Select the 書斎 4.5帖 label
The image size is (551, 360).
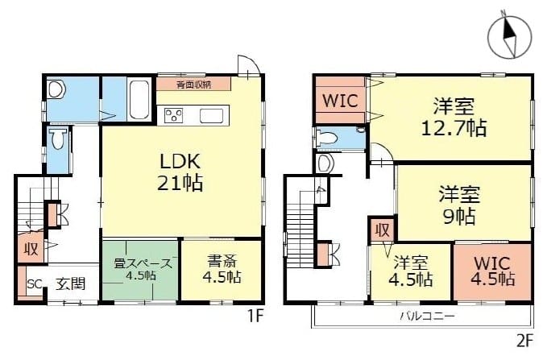(x=211, y=269)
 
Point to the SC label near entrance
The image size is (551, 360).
(x=33, y=283)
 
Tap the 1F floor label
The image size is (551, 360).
(x=255, y=317)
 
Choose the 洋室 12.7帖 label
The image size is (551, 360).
(x=452, y=116)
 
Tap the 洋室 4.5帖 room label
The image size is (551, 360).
(x=411, y=271)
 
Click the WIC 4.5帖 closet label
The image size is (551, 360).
(x=492, y=271)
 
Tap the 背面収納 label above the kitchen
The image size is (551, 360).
(x=193, y=83)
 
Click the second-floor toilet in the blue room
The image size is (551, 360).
(x=328, y=138)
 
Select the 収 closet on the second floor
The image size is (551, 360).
(x=382, y=230)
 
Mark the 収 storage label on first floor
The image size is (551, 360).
(x=31, y=248)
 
